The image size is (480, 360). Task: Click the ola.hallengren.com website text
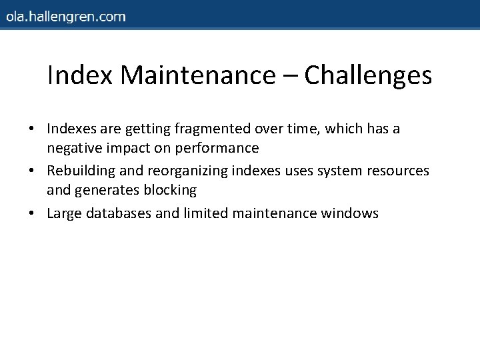pyautogui.click(x=65, y=17)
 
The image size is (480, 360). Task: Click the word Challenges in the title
pyautogui.click(x=368, y=75)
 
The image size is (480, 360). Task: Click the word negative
pyautogui.click(x=72, y=148)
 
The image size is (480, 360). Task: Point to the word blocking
pyautogui.click(x=171, y=191)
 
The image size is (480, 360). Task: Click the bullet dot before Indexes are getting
pyautogui.click(x=38, y=129)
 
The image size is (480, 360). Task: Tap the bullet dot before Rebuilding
pyautogui.click(x=38, y=171)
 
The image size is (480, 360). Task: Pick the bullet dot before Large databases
pyautogui.click(x=38, y=213)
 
